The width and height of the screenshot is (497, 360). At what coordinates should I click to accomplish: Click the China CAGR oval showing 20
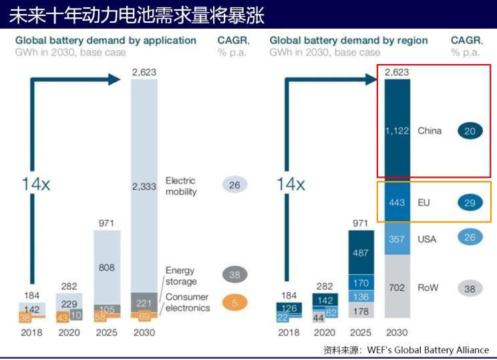[470, 131]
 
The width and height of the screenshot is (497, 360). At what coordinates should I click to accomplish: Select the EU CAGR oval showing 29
[470, 202]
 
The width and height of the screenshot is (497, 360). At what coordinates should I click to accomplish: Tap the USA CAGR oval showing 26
[470, 237]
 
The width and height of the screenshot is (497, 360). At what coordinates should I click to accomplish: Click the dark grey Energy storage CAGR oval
[234, 274]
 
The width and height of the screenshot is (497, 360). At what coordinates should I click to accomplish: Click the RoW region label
[428, 287]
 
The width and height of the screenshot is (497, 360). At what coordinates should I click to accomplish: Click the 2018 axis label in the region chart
[289, 331]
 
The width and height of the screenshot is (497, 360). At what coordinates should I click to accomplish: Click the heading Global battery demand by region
[349, 41]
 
